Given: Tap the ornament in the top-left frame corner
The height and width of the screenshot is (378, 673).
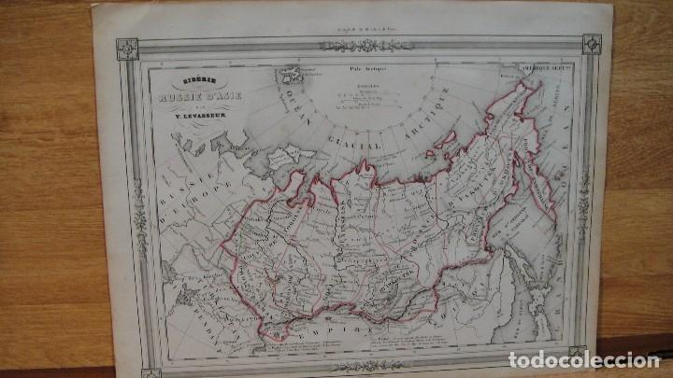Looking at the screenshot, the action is [127, 48].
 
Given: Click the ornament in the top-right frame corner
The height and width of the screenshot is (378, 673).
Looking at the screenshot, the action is [591, 43].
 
